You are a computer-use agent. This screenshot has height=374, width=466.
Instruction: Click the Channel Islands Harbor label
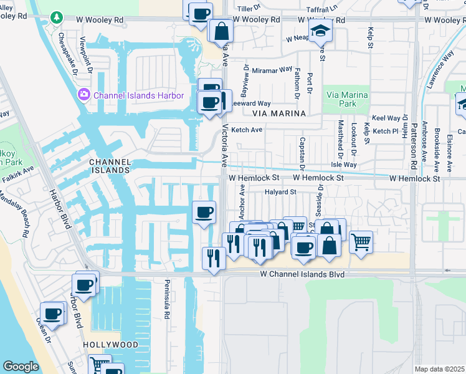coord(138,95)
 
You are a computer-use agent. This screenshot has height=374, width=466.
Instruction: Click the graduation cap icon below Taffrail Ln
coord(320,29)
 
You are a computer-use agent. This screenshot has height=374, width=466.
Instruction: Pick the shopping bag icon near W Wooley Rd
coord(221,31)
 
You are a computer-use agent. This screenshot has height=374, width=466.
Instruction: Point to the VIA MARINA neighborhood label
coord(279,113)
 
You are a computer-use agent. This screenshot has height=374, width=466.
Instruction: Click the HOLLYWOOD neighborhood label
coord(110,345)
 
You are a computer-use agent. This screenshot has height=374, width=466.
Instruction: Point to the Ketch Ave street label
coord(247,130)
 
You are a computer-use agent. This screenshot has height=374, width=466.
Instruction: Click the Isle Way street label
coord(343,165)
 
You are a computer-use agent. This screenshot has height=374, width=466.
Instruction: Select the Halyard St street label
coord(280,192)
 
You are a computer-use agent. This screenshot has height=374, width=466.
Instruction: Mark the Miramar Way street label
coord(272,70)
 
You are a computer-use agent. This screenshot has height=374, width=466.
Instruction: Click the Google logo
coord(21,367)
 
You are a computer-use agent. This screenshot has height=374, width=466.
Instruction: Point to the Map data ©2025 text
coord(439,369)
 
